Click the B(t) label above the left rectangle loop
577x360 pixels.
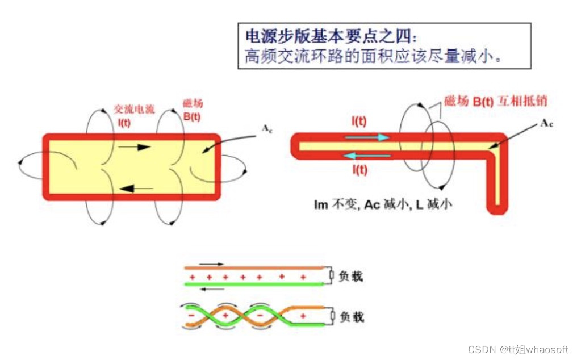pyautogui.click(x=191, y=117)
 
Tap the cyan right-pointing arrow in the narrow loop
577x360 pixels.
pyautogui.click(x=369, y=137)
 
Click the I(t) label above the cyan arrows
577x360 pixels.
pyautogui.click(x=358, y=121)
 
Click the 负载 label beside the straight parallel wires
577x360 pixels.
pyautogui.click(x=350, y=277)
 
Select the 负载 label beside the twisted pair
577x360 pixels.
pyautogui.click(x=350, y=316)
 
